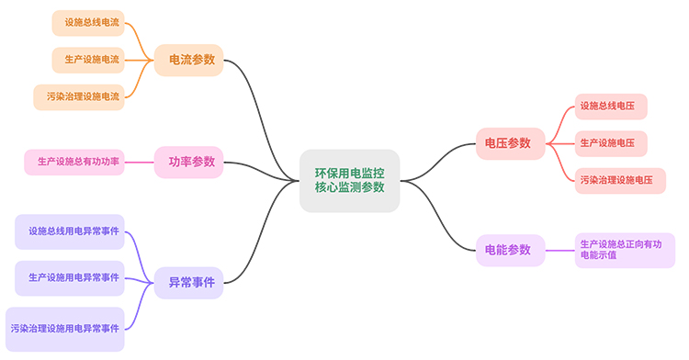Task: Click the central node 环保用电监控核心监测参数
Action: coord(349,180)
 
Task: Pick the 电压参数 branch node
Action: coord(509,142)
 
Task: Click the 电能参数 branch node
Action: coord(509,250)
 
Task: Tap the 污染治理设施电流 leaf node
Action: coord(78,96)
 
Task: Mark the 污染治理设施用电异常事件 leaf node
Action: coord(65,328)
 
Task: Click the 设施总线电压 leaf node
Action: coord(612,107)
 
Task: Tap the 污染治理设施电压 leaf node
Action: coord(620,180)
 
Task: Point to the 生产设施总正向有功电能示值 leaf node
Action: coord(624,250)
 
